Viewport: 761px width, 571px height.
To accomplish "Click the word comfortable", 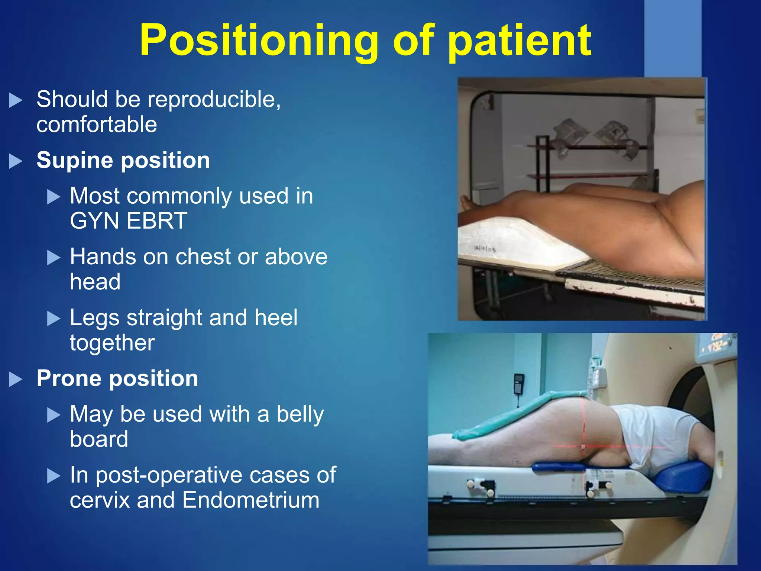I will [97, 124].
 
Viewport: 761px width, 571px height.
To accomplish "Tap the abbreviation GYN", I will [94, 221].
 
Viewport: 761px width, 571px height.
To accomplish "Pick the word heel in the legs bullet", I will [276, 318].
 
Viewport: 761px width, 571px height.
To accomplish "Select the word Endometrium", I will [251, 500].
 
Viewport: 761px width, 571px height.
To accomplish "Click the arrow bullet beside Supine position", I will [16, 161].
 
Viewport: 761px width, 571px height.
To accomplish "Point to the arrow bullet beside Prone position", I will [16, 380].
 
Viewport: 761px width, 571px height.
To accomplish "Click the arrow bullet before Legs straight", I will [54, 319].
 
